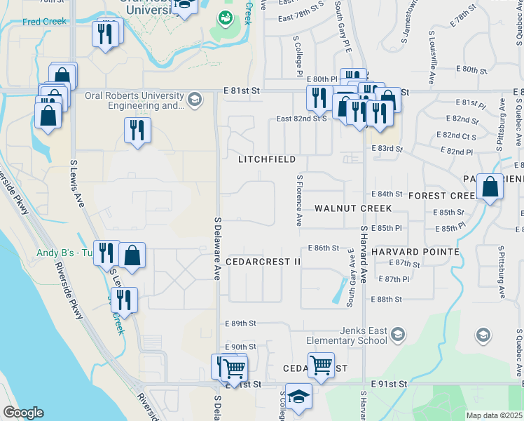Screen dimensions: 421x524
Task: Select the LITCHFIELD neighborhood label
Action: pyautogui.click(x=266, y=159)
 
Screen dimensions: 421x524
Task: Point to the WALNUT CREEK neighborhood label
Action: pyautogui.click(x=353, y=208)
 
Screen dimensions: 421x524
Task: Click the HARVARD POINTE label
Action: pyautogui.click(x=415, y=251)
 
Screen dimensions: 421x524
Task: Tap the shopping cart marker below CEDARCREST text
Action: pyautogui.click(x=321, y=364)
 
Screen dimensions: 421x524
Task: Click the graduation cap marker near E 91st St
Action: pyautogui.click(x=299, y=396)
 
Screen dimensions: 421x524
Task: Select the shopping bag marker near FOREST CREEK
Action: pyautogui.click(x=490, y=187)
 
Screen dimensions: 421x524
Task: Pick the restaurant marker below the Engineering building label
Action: pyautogui.click(x=137, y=131)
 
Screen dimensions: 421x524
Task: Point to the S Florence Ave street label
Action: pyautogui.click(x=299, y=200)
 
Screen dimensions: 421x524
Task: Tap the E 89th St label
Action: pyautogui.click(x=241, y=323)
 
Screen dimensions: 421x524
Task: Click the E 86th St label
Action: pyautogui.click(x=323, y=248)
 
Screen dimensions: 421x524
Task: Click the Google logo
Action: pyautogui.click(x=23, y=413)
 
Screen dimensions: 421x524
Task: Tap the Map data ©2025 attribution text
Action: pyautogui.click(x=495, y=415)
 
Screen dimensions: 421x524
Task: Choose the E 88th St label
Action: pyautogui.click(x=389, y=299)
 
